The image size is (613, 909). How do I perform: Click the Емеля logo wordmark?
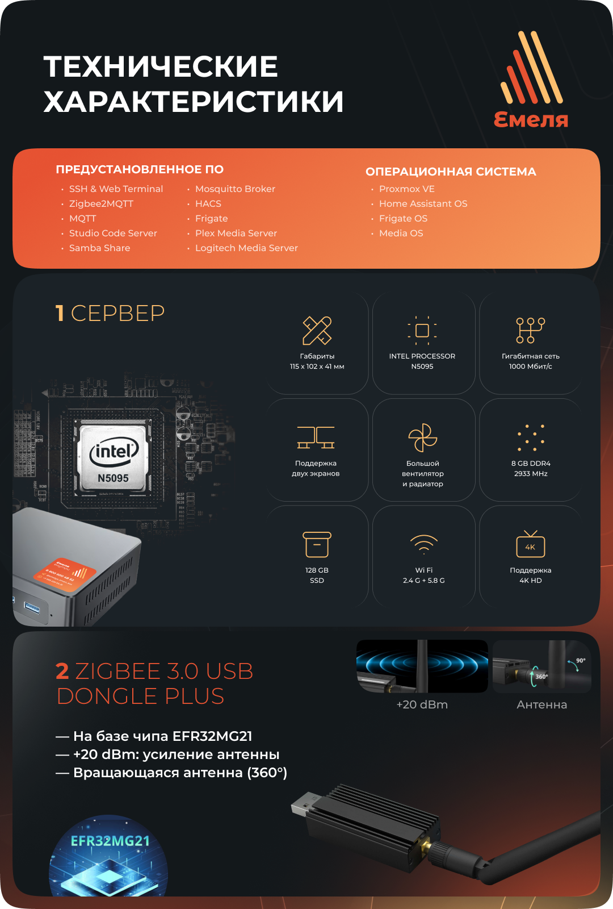pyautogui.click(x=531, y=119)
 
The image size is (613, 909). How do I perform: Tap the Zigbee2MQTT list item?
pyautogui.click(x=101, y=203)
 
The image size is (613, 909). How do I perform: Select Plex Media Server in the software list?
pyautogui.click(x=236, y=233)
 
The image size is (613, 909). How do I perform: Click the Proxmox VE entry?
pyautogui.click(x=406, y=189)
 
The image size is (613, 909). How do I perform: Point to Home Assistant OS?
pyautogui.click(x=423, y=203)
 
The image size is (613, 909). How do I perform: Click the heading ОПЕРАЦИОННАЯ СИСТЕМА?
pyautogui.click(x=451, y=172)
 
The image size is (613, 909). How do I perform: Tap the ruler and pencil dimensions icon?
pyautogui.click(x=317, y=331)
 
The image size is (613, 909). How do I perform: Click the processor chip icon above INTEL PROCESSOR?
pyautogui.click(x=422, y=331)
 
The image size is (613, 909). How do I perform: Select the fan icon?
pyautogui.click(x=423, y=437)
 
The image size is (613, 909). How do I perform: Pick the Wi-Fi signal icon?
pyautogui.click(x=423, y=544)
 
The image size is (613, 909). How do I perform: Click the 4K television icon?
pyautogui.click(x=530, y=544)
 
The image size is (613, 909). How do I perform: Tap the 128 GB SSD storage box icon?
pyautogui.click(x=317, y=545)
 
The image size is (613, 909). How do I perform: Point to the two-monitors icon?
pyautogui.click(x=316, y=437)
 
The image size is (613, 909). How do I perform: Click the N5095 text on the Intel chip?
pyautogui.click(x=113, y=478)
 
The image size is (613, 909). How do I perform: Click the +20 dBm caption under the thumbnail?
pyautogui.click(x=422, y=704)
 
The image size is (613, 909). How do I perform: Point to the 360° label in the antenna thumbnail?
pyautogui.click(x=541, y=676)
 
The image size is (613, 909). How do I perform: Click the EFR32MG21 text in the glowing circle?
pyautogui.click(x=110, y=841)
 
